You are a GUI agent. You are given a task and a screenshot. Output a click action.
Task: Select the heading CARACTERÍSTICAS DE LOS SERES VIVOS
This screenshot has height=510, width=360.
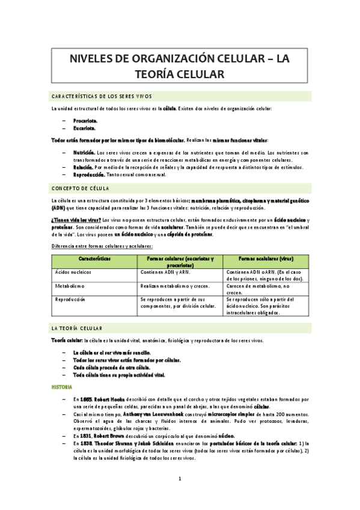102,96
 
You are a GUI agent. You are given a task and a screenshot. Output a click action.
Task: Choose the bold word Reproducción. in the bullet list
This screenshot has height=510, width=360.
89,174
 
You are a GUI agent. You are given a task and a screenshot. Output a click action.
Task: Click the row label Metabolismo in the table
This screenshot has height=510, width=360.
70,286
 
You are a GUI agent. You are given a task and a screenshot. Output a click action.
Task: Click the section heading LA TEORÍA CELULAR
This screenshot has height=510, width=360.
78,328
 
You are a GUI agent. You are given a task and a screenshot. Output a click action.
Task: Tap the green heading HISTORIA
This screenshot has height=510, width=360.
61,387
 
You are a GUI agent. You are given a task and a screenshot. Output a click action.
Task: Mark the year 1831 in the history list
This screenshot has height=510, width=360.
87,435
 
